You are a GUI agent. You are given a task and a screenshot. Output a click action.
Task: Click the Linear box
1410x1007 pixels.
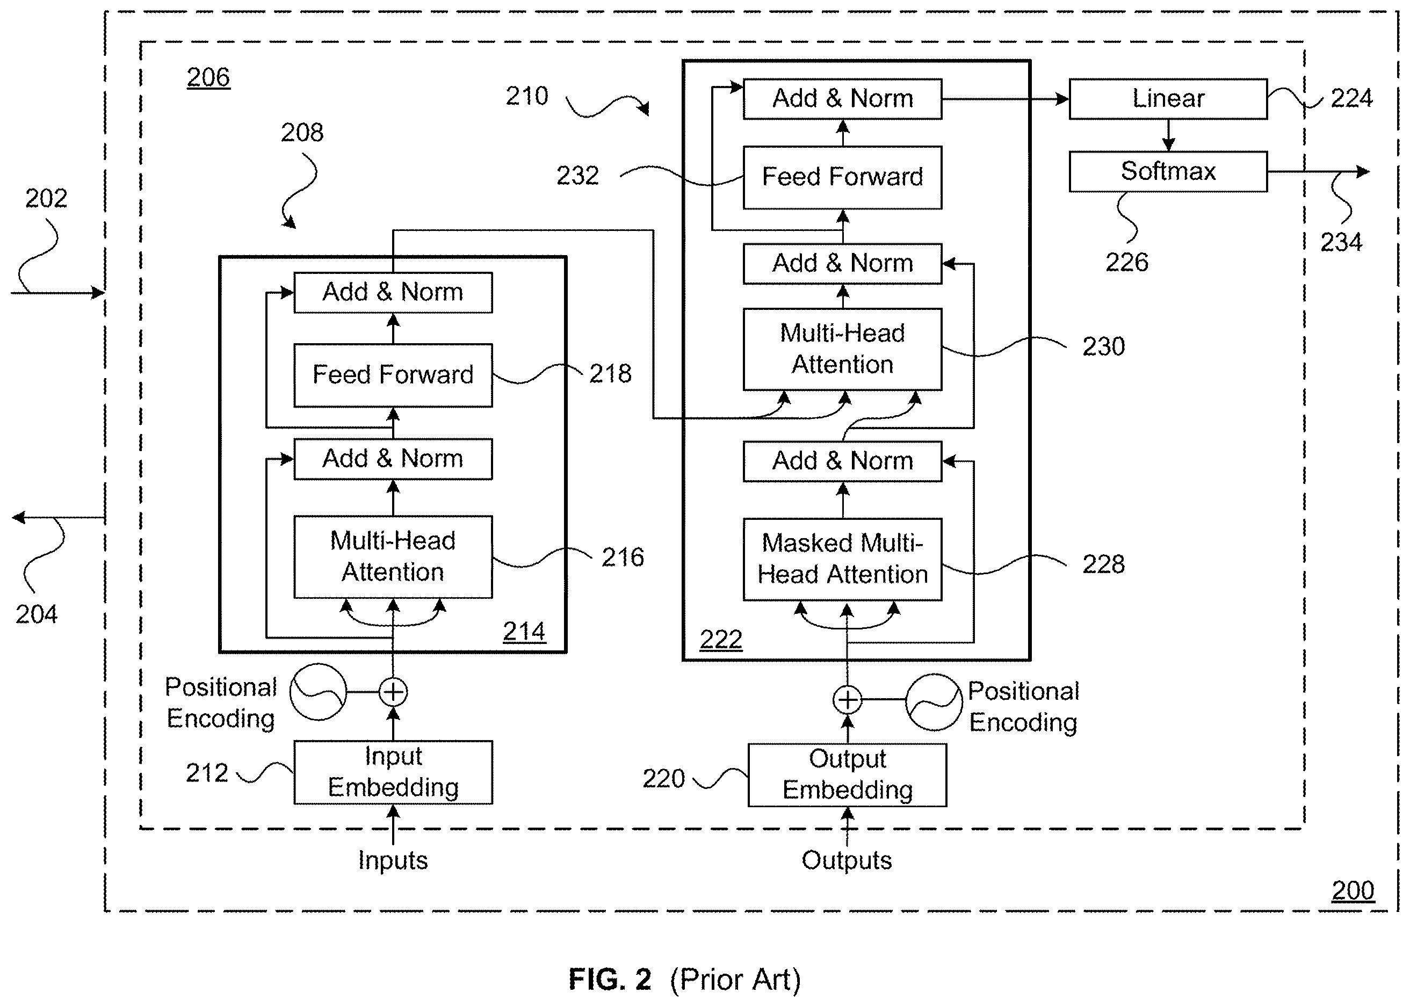tap(1168, 99)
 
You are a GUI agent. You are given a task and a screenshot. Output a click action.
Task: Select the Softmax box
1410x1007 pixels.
tap(1168, 171)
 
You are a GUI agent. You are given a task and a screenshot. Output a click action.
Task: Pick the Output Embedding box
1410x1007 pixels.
tap(847, 774)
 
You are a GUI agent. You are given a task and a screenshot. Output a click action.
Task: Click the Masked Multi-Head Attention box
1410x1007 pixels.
tap(842, 559)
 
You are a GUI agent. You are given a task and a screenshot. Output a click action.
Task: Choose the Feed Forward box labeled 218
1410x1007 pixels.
tap(393, 375)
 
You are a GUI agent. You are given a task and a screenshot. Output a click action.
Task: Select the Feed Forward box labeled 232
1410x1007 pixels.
tap(842, 177)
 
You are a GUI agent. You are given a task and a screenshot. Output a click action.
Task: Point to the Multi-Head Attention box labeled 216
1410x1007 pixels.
tap(393, 557)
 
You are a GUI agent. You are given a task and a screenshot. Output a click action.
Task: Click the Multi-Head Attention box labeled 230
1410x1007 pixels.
tap(842, 349)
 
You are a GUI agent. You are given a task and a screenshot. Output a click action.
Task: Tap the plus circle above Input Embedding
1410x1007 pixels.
tap(393, 691)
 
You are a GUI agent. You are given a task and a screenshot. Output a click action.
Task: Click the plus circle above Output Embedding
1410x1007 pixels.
tap(847, 699)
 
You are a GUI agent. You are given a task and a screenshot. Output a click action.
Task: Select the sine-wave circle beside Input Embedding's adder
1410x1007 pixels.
tap(319, 691)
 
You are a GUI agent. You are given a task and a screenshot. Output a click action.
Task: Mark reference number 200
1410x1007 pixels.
tap(1353, 890)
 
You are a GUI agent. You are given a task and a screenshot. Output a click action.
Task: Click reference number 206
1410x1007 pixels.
tap(208, 77)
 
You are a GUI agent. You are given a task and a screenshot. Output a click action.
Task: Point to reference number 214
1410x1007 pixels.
tap(524, 631)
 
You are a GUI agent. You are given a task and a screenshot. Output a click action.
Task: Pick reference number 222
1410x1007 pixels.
tap(720, 639)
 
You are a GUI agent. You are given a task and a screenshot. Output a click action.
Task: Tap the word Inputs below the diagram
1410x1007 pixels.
tap(393, 860)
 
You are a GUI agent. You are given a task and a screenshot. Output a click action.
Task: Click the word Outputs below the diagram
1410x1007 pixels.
tap(847, 860)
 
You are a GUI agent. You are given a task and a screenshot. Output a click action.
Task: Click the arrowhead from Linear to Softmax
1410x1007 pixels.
tap(1168, 144)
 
